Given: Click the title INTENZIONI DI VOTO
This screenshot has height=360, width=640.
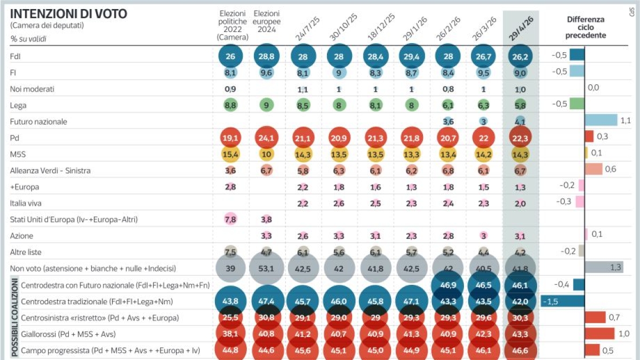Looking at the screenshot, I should [x=69, y=14].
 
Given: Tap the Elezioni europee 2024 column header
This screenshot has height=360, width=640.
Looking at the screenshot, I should [x=267, y=21].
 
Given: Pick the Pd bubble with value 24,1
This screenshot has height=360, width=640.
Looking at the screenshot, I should [x=267, y=137].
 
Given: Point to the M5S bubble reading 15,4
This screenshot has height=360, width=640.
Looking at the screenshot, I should [x=230, y=154].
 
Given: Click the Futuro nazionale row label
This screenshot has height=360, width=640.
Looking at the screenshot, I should [x=38, y=122].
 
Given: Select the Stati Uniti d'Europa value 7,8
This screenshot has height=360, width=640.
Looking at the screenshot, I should [x=230, y=219].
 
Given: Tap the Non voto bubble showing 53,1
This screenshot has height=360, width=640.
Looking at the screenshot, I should [x=267, y=269].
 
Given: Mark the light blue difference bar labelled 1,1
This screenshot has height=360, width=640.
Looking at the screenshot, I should [x=601, y=121].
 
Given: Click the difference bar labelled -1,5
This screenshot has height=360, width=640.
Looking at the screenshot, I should [x=562, y=301].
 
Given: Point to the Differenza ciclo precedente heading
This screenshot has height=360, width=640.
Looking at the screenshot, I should [x=586, y=27].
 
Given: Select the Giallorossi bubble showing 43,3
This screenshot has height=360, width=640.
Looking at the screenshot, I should [x=521, y=334].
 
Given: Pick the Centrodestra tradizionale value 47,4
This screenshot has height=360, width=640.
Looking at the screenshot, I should [x=267, y=301].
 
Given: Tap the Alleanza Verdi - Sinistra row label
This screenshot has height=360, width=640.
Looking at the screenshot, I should [x=50, y=171].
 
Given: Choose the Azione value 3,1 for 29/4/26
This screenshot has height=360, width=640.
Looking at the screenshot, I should [x=521, y=236].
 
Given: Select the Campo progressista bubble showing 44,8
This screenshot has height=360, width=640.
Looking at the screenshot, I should [x=230, y=350].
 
